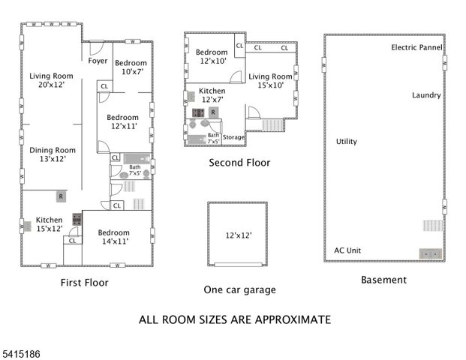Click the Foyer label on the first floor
[98, 61]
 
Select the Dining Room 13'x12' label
[53, 154]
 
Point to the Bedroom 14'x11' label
[113, 237]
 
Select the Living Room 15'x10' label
[270, 81]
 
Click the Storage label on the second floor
[233, 137]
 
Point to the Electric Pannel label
[416, 47]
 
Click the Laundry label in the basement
[426, 95]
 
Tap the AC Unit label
[348, 250]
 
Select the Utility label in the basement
[347, 141]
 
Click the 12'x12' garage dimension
[239, 235]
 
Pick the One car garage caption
[239, 289]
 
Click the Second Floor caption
[239, 162]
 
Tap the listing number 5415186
[23, 350]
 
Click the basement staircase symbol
[431, 226]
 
